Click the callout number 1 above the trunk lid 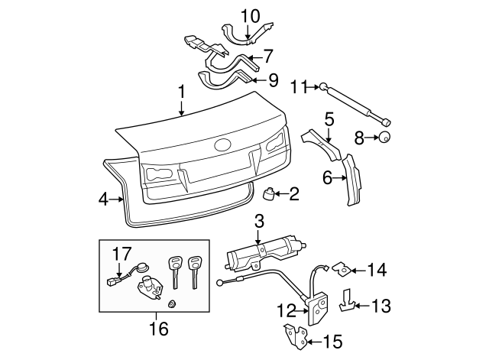(x=182, y=92)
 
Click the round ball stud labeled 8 (x=387, y=138)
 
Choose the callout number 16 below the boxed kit (x=158, y=330)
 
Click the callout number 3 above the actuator (x=259, y=222)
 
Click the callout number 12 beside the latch (x=285, y=312)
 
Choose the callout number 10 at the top (x=251, y=15)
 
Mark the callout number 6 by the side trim (x=328, y=177)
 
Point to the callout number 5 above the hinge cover (x=329, y=118)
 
